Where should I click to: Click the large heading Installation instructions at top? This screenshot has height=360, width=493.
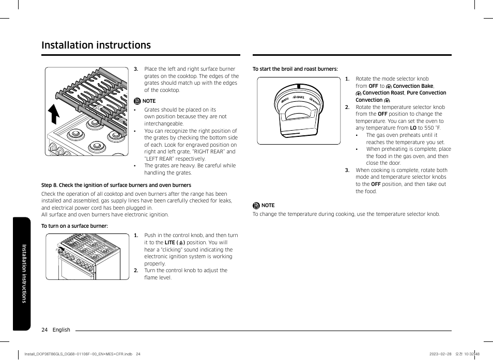(x=96, y=45)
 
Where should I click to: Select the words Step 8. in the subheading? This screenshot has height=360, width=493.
(x=49, y=185)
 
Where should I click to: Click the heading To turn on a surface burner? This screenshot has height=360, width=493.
(x=74, y=226)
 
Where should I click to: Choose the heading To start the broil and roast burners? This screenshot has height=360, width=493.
(x=295, y=69)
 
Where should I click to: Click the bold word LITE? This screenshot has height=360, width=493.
(x=170, y=243)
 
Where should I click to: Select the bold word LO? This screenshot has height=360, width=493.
(x=413, y=128)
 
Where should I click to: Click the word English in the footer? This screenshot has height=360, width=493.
(x=61, y=330)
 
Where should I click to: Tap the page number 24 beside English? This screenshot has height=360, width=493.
(x=44, y=330)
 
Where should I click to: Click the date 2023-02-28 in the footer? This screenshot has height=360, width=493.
(x=440, y=354)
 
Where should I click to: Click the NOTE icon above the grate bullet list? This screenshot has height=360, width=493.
(x=137, y=101)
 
